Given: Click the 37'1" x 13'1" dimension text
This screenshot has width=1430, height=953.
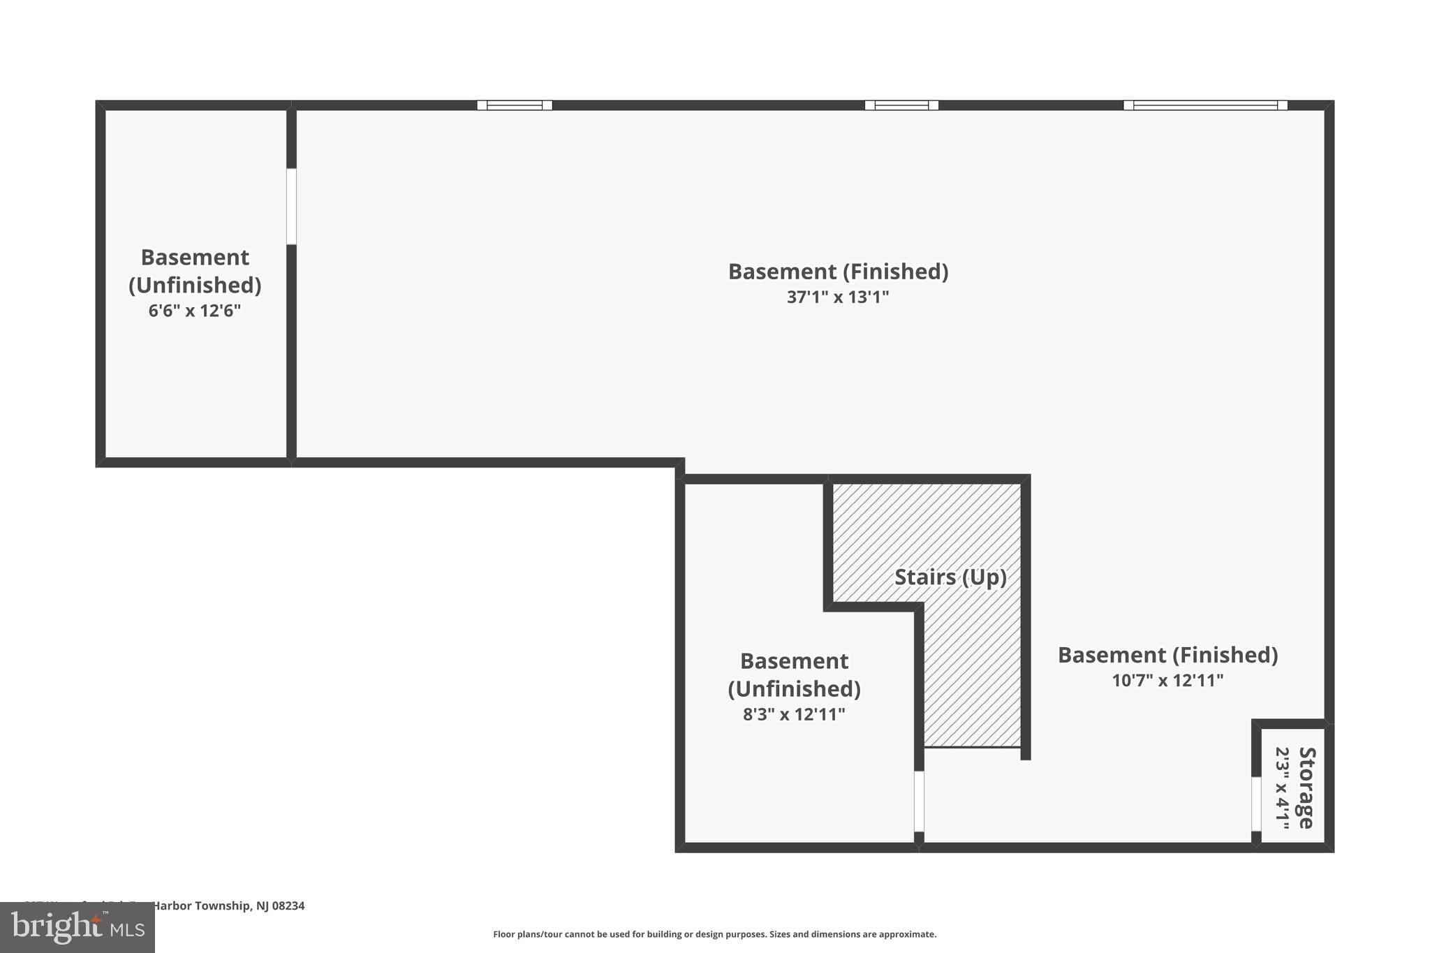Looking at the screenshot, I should pyautogui.click(x=837, y=297).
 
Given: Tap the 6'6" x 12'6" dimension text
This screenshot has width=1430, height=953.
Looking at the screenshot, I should pyautogui.click(x=194, y=311).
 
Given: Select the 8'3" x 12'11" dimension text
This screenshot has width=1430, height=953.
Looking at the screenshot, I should pyautogui.click(x=794, y=714).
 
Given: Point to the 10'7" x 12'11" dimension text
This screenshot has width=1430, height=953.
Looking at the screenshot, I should pyautogui.click(x=1167, y=680).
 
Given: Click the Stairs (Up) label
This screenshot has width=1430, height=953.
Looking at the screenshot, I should pyautogui.click(x=950, y=577).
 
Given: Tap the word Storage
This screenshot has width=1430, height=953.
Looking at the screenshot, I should pyautogui.click(x=1306, y=788).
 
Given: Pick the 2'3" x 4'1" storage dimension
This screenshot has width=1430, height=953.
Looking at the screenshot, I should pyautogui.click(x=1283, y=788).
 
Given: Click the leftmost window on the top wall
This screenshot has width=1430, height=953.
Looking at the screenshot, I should pyautogui.click(x=515, y=105).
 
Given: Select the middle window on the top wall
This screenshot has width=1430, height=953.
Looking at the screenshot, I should pyautogui.click(x=901, y=105).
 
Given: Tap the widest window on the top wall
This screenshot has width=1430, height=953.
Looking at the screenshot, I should pyautogui.click(x=1205, y=105).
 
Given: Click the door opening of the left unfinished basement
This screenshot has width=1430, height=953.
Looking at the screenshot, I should pyautogui.click(x=291, y=207).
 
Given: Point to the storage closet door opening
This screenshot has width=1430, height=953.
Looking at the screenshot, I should pyautogui.click(x=1256, y=804).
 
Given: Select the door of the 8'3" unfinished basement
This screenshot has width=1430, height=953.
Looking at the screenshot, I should pyautogui.click(x=919, y=801).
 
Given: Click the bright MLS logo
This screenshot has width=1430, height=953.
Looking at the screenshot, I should pyautogui.click(x=78, y=927).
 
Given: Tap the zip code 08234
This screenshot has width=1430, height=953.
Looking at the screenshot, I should pyautogui.click(x=288, y=906).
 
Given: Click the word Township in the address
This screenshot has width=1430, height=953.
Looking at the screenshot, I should pyautogui.click(x=221, y=906).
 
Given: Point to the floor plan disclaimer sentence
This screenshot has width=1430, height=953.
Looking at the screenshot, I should pyautogui.click(x=714, y=934).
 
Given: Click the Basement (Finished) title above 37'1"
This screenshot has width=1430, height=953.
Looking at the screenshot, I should pyautogui.click(x=838, y=272).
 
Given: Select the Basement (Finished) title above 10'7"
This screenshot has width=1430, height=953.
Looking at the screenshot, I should pyautogui.click(x=1167, y=655).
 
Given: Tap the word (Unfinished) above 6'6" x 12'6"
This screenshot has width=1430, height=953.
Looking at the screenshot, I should pyautogui.click(x=195, y=285).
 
